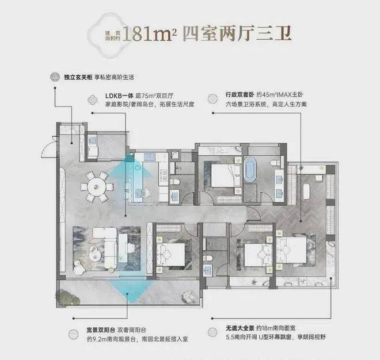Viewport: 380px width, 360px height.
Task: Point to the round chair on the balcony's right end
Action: coord(188,296)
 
